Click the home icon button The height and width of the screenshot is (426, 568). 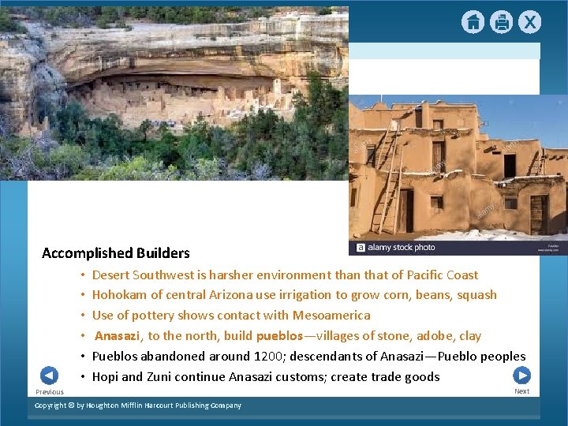click(473, 23)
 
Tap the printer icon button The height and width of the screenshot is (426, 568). click(501, 23)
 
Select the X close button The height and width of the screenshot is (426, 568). click(529, 23)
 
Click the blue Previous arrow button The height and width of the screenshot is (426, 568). click(49, 376)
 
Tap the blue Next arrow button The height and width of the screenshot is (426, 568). click(521, 376)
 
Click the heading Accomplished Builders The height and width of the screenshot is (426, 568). click(116, 253)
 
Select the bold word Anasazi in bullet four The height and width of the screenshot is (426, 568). click(118, 336)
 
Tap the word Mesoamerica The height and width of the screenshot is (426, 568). click(331, 316)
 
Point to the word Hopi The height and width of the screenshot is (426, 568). click(106, 377)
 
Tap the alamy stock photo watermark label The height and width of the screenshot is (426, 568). click(396, 247)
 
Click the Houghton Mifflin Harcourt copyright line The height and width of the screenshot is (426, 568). click(138, 405)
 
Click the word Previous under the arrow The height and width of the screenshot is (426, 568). click(50, 392)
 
